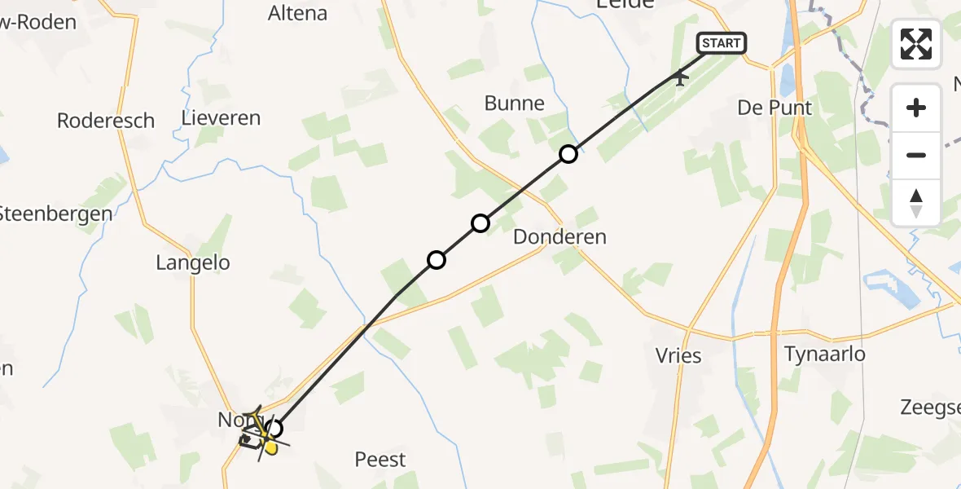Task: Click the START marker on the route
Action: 721,43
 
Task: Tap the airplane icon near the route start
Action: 679,77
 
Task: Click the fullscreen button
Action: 916,44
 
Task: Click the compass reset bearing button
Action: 916,203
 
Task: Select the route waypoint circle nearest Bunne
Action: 568,153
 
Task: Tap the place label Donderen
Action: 560,237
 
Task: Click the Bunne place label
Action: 514,103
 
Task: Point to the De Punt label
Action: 775,108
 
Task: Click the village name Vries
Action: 678,355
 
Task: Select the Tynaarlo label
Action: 824,354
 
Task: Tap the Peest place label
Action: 380,460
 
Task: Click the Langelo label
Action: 193,262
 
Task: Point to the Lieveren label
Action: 221,118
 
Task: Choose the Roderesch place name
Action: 106,121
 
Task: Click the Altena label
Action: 297,13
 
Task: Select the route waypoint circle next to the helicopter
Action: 274,428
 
